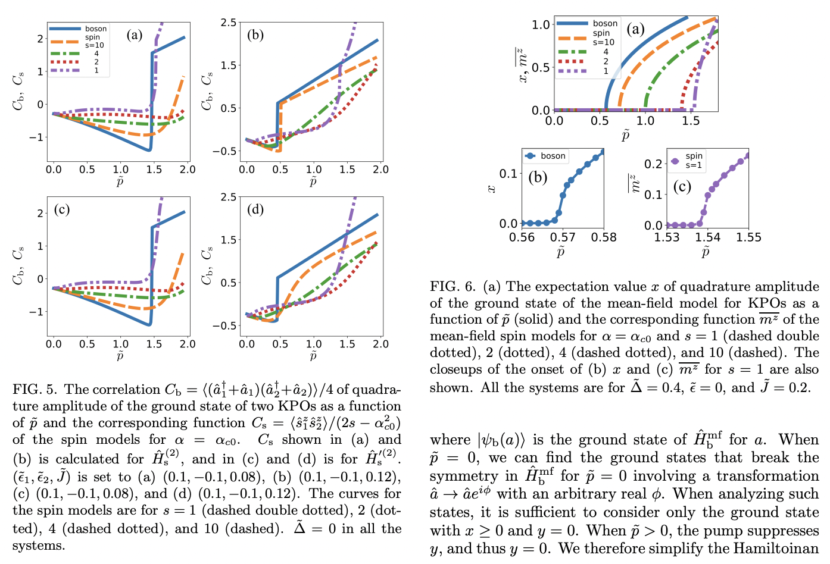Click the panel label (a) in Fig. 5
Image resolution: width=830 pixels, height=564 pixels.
134,35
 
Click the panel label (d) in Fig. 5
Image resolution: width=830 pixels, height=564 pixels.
255,209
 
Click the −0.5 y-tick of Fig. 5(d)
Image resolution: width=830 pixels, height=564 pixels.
224,325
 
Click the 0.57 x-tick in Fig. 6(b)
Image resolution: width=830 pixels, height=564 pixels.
563,237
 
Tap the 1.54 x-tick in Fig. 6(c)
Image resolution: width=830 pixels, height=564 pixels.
707,237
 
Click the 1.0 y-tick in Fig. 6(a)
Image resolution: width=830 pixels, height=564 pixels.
541,24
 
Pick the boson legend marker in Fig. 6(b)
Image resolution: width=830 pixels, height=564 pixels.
531,156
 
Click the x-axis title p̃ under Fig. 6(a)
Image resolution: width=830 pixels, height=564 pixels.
625,136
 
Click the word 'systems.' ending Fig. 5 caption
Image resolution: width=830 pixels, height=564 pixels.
39,546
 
